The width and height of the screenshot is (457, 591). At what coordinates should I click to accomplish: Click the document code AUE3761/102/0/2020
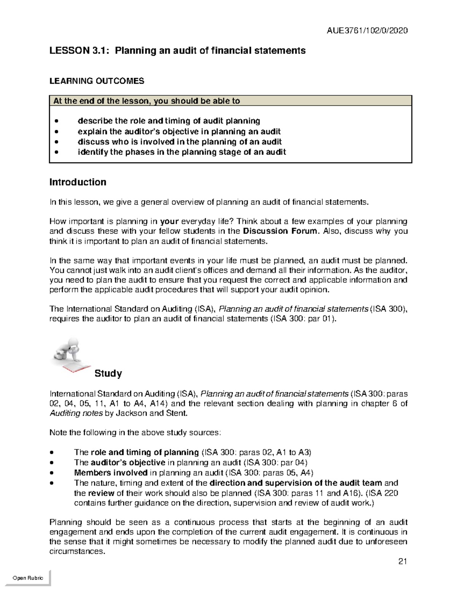(367, 30)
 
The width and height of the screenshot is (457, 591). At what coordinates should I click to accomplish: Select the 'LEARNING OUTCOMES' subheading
(97, 81)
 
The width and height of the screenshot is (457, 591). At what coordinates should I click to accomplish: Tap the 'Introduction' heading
(78, 182)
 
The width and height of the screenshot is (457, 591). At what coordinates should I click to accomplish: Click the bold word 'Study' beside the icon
(108, 373)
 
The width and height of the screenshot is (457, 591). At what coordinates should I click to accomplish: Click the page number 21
(403, 561)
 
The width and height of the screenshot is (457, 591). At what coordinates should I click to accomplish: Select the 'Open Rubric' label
(28, 578)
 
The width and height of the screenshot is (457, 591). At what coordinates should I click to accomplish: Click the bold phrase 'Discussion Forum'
(280, 231)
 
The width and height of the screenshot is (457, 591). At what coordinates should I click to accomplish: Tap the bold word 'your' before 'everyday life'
(169, 221)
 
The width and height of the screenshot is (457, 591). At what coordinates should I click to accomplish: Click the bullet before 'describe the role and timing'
(57, 121)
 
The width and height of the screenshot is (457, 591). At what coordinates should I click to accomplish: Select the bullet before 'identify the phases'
(57, 153)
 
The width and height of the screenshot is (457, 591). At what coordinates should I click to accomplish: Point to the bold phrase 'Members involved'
(110, 473)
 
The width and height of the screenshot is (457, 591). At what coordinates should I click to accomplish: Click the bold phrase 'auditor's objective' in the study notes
(128, 463)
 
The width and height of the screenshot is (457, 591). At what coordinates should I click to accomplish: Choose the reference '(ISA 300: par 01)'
(303, 319)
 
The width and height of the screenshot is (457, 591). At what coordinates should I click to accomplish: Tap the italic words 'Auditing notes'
(76, 413)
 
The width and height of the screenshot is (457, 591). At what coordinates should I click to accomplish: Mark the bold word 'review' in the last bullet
(101, 493)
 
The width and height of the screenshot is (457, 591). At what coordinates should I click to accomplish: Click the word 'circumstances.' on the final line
(77, 551)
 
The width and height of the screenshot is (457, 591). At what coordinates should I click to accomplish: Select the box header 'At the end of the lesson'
(147, 101)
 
